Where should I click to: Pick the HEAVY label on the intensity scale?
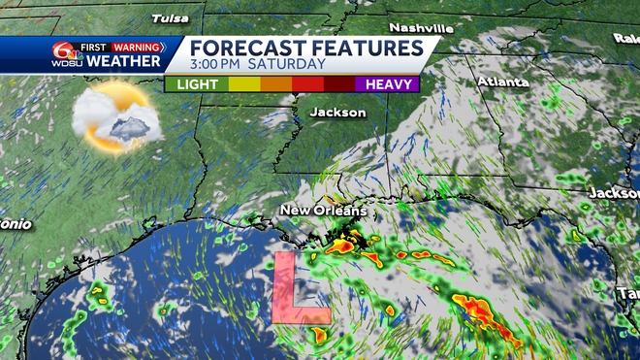coord(386,84)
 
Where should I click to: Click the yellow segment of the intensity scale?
coord(243,84)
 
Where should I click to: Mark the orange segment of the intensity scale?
coord(275,84)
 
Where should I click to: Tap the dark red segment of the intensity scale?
coord(338,84)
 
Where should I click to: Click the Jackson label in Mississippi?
coord(337,113)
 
